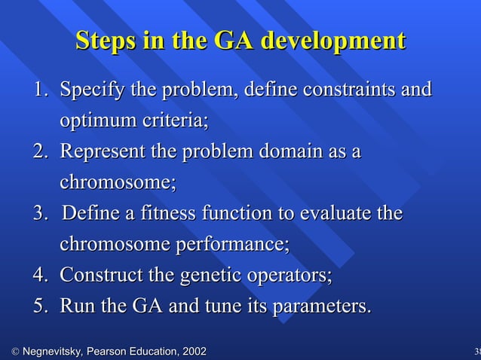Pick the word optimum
pyautogui.click(x=96, y=121)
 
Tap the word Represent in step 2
pyautogui.click(x=103, y=152)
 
